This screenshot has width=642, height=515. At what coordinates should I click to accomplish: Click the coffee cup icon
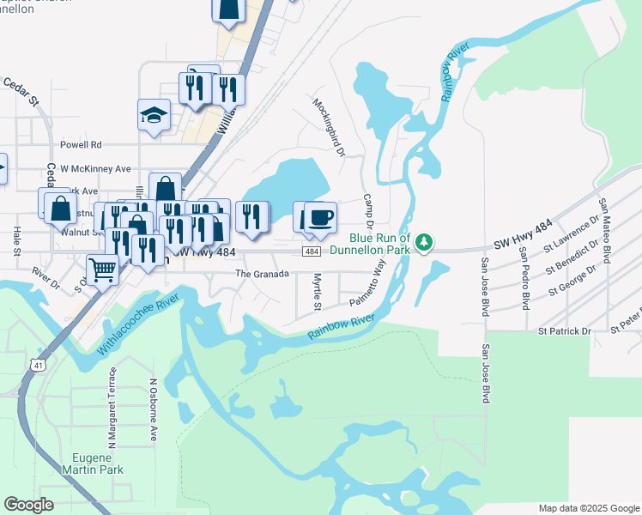coord(320,216)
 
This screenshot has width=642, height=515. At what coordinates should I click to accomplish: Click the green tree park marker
coord(423,245)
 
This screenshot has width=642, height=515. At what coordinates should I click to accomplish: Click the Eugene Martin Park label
coord(93,463)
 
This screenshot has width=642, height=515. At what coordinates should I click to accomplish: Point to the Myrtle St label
coord(317,292)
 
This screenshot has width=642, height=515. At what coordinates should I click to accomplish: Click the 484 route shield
coord(312,251)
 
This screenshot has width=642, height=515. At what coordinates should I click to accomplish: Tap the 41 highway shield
coord(39,365)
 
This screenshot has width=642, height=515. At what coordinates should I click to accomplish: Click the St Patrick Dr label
coord(565,330)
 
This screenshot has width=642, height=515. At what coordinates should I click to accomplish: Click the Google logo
coord(28,505)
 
